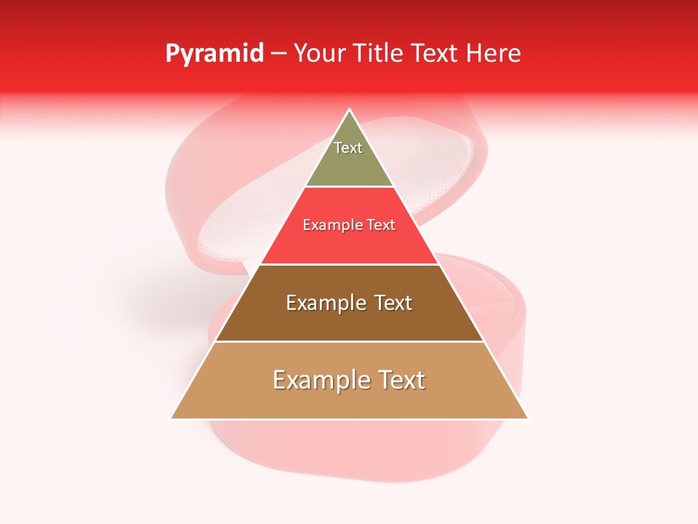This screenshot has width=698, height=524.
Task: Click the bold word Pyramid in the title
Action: [214, 54]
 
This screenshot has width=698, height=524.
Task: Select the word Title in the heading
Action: [380, 53]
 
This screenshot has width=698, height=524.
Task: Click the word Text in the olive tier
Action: [348, 148]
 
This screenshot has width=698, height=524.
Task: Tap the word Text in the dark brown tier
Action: [393, 303]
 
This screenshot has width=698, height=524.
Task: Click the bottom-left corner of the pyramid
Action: [171, 418]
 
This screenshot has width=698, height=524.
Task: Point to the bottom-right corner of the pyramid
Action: [528, 418]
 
